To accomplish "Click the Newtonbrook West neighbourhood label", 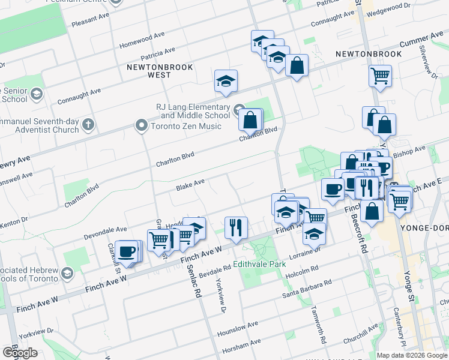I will (160, 71).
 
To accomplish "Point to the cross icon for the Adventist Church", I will (88, 125).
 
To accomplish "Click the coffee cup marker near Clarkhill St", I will (127, 251).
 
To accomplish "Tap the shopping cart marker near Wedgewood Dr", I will (380, 76).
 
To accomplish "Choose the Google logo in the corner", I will (19, 353).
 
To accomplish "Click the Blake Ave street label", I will (190, 185).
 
